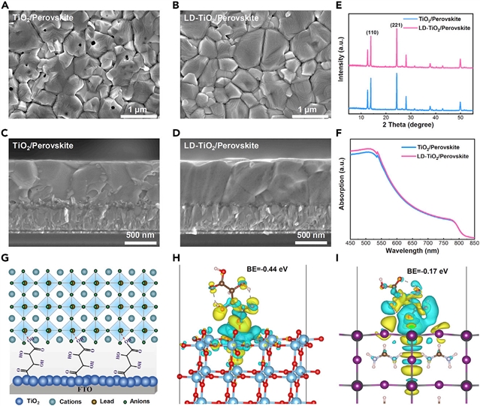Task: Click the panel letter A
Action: point(6,7)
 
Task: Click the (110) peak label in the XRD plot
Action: point(372,32)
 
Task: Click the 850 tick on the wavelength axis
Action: point(471,242)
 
